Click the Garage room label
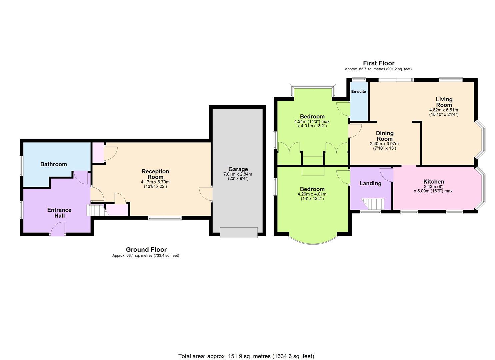[x=238, y=169]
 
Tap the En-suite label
[x=358, y=91]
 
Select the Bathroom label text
[x=53, y=164]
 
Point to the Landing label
[x=370, y=183]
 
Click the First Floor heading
[x=379, y=63]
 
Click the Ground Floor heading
[x=146, y=250]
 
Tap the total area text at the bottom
[x=246, y=350]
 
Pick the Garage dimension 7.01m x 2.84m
[x=238, y=174]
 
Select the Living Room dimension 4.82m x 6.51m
[x=444, y=110]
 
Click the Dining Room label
[x=385, y=136]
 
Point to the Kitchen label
[x=434, y=181]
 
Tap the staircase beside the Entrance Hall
[x=97, y=210]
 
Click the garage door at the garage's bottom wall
[x=239, y=232]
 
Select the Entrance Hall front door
[x=57, y=229]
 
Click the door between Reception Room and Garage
[x=206, y=194]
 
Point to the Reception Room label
[x=155, y=174]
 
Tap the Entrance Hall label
[x=59, y=213]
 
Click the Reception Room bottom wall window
[x=165, y=218]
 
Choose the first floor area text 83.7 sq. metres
[x=378, y=69]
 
